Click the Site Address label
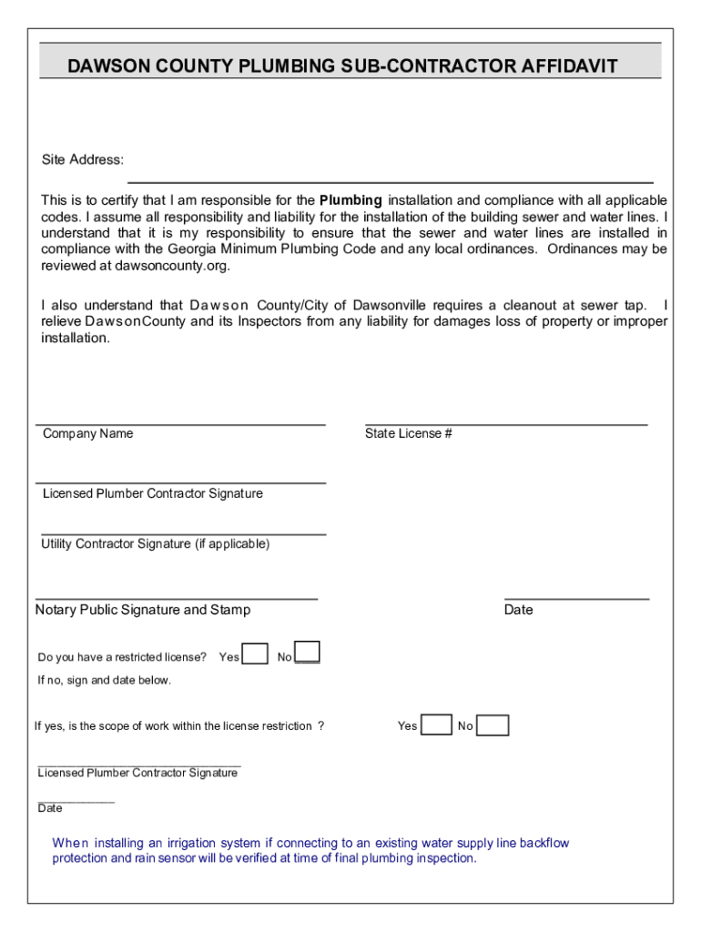(x=83, y=160)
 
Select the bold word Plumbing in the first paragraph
(x=350, y=200)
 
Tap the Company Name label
(x=87, y=434)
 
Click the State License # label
(x=409, y=434)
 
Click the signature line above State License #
(x=505, y=424)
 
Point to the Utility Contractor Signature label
(x=156, y=544)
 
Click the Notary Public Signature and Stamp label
(x=143, y=610)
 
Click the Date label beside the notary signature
(x=518, y=610)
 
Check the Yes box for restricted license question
(x=256, y=654)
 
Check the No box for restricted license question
(x=308, y=653)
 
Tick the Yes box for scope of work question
(x=437, y=725)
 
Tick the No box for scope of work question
(x=493, y=725)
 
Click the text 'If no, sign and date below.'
(x=104, y=681)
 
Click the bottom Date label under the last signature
(x=50, y=808)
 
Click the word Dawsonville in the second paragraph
(x=394, y=305)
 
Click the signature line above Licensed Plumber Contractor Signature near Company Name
(x=180, y=482)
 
